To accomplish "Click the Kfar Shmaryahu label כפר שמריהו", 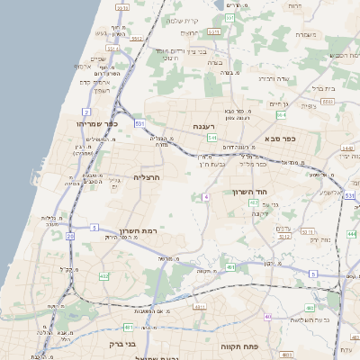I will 91,123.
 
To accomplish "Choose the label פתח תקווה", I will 238,346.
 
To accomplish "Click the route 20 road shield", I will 69,236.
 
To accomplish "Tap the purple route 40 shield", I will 269,317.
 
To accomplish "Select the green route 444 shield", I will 351,233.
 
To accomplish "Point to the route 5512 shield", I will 136,40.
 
